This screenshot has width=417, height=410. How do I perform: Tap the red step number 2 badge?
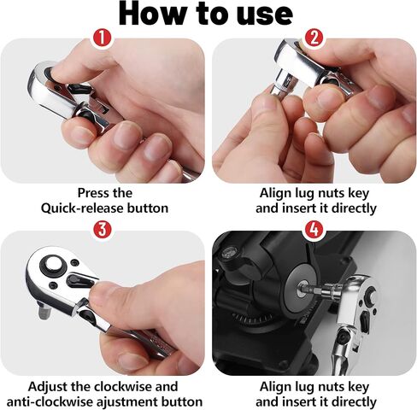pos(314,38)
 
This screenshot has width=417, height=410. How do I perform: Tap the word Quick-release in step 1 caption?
pos(85,208)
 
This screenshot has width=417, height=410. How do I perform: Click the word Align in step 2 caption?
pos(275,192)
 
